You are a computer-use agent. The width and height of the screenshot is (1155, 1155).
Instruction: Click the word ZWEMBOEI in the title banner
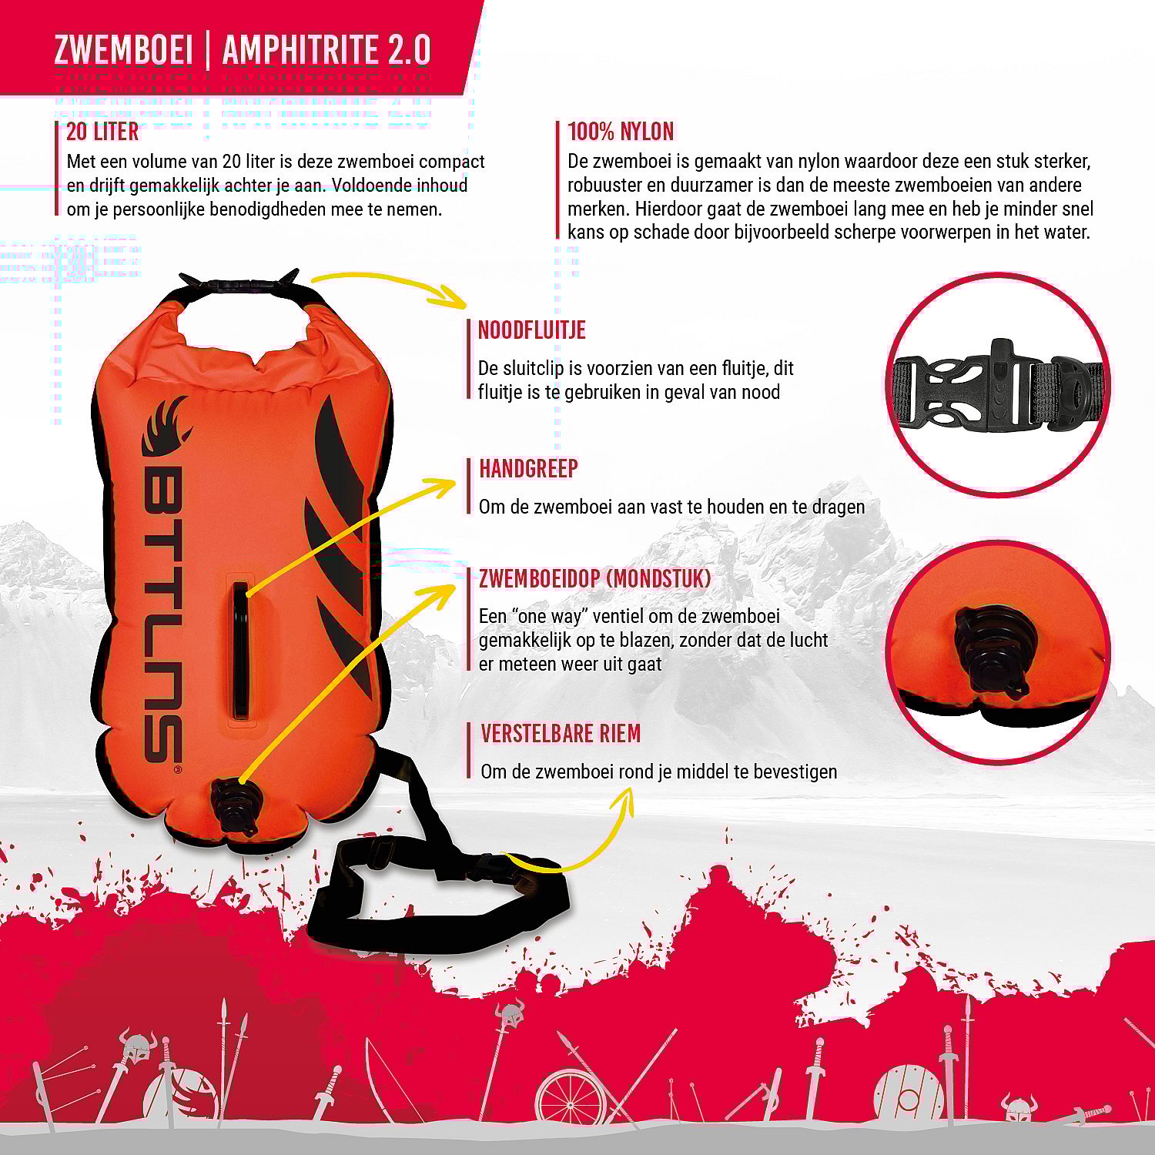122,50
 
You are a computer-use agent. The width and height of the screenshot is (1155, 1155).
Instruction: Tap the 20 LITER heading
102,132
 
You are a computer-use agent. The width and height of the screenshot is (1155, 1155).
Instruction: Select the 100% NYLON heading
621,132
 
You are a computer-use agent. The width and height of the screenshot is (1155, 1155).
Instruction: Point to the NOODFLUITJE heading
532,330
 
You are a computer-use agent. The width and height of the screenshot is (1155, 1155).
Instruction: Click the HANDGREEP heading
528,468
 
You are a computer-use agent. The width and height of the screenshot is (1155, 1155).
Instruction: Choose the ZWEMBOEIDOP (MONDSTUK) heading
594,578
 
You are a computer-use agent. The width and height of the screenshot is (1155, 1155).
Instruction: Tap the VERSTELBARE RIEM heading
561,733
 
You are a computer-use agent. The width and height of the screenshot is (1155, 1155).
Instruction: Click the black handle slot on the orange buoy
242,651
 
